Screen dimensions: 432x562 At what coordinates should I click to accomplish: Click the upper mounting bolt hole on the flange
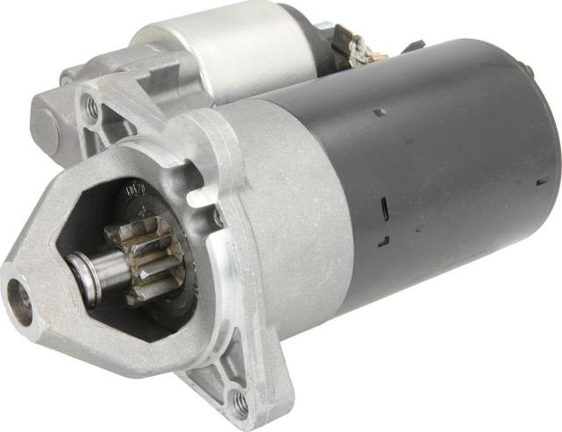pyautogui.click(x=91, y=109)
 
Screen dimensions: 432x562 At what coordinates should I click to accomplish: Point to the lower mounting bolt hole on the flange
pyautogui.click(x=239, y=402)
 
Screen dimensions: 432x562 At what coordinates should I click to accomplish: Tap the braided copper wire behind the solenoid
pyautogui.click(x=359, y=48)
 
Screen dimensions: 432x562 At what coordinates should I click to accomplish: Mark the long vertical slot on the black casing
pyautogui.click(x=383, y=209)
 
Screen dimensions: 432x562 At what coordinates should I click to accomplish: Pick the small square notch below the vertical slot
pyautogui.click(x=383, y=240)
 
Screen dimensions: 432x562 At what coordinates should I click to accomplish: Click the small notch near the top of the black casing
pyautogui.click(x=379, y=112)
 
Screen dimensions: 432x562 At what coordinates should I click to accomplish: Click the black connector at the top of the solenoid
pyautogui.click(x=325, y=26)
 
